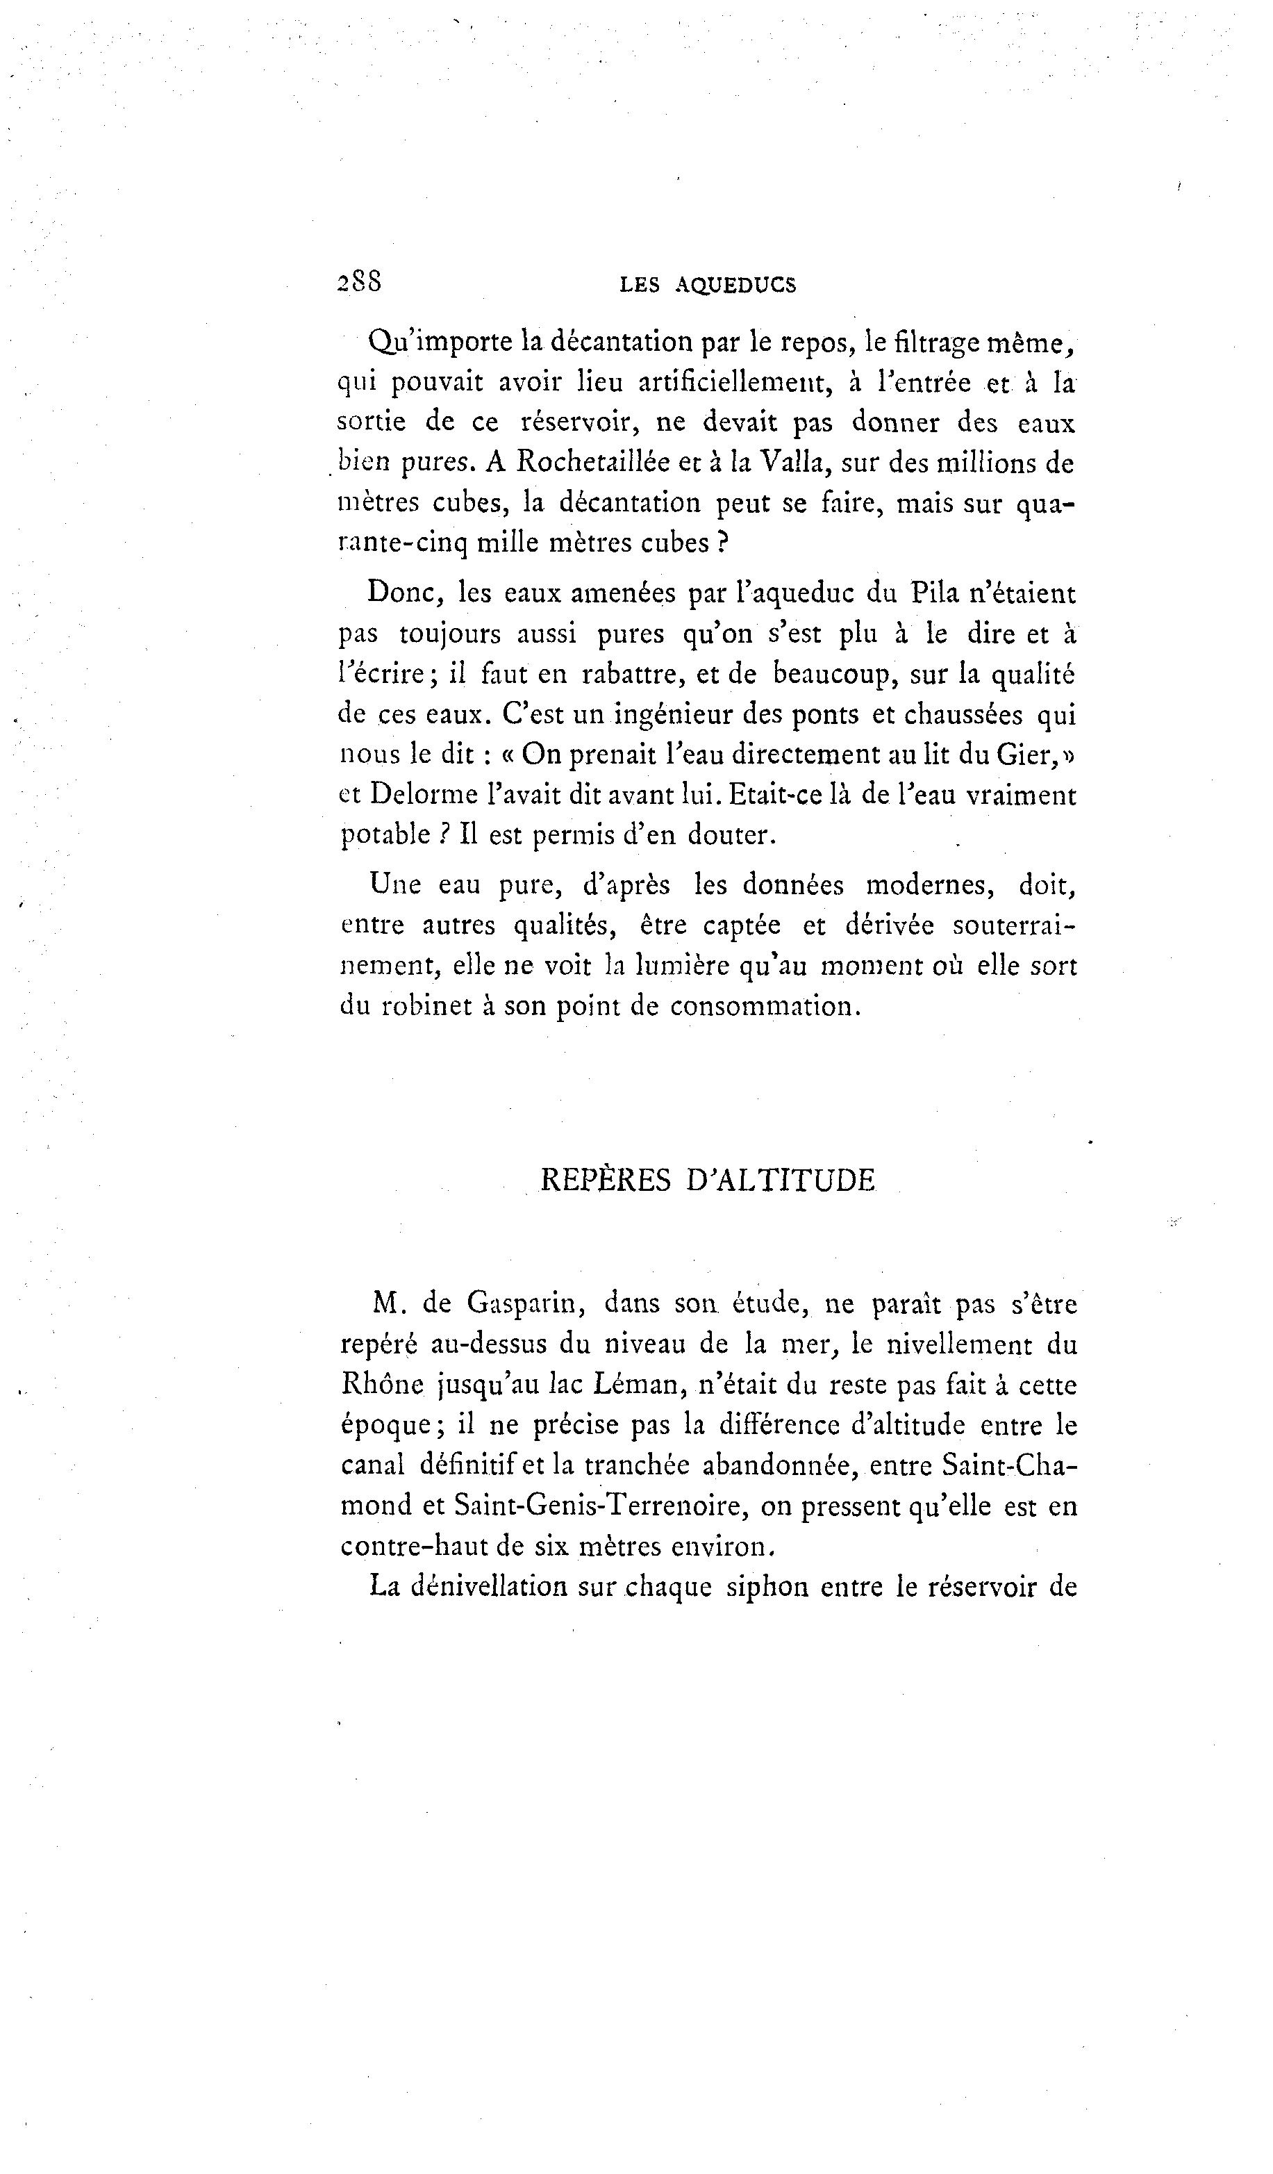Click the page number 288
point(360,281)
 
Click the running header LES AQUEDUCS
point(708,286)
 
